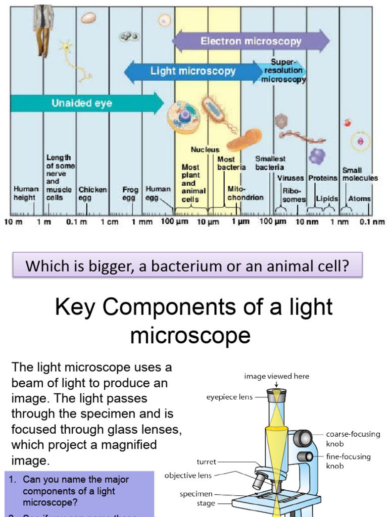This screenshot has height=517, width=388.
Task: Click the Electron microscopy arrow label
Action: [x=251, y=41]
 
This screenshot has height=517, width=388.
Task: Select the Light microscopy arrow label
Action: [x=193, y=71]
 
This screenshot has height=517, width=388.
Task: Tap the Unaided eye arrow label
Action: [x=82, y=104]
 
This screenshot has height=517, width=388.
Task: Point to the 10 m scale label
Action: [x=14, y=222]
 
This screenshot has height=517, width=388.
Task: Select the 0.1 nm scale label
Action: [x=372, y=222]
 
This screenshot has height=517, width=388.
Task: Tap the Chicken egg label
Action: [x=92, y=194]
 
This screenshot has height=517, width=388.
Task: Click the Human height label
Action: [x=25, y=194]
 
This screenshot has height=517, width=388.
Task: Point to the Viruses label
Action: [x=290, y=178]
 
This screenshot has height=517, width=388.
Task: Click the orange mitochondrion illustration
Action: [x=245, y=140]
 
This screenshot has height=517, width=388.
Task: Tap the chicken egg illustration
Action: [x=89, y=18]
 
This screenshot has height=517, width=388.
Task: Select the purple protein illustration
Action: [x=317, y=156]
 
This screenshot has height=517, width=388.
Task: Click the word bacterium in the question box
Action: [x=207, y=266]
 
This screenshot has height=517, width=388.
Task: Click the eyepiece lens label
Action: [x=229, y=397]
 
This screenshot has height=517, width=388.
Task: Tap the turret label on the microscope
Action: [x=207, y=461]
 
